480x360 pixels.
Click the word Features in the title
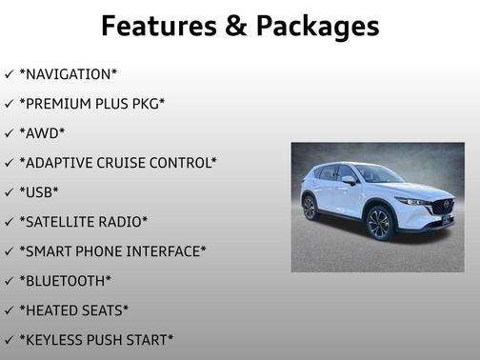(157, 25)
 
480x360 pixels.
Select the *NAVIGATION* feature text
(69, 73)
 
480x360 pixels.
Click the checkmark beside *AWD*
(9, 132)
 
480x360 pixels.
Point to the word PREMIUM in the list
(61, 103)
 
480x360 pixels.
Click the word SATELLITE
(63, 221)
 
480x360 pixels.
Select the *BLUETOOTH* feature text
(65, 280)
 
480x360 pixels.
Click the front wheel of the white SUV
(378, 224)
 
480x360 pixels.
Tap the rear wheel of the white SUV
(310, 207)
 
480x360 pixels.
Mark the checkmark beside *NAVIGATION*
(9, 73)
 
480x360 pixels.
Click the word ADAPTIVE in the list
(59, 162)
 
